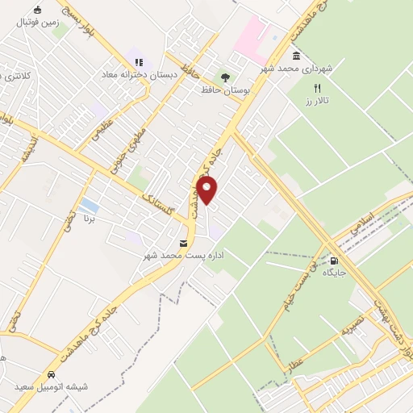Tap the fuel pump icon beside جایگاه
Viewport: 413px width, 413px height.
[x=332, y=261]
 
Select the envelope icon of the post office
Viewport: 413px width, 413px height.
[x=183, y=242]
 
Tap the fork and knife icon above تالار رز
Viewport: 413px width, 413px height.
[x=317, y=87]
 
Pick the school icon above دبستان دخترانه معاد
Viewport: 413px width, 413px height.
[x=139, y=61]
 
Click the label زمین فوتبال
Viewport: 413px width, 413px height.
[x=37, y=23]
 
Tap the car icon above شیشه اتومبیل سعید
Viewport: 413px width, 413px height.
[x=52, y=375]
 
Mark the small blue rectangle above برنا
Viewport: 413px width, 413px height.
[x=90, y=205]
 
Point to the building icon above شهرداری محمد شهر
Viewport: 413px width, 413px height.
[x=298, y=56]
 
